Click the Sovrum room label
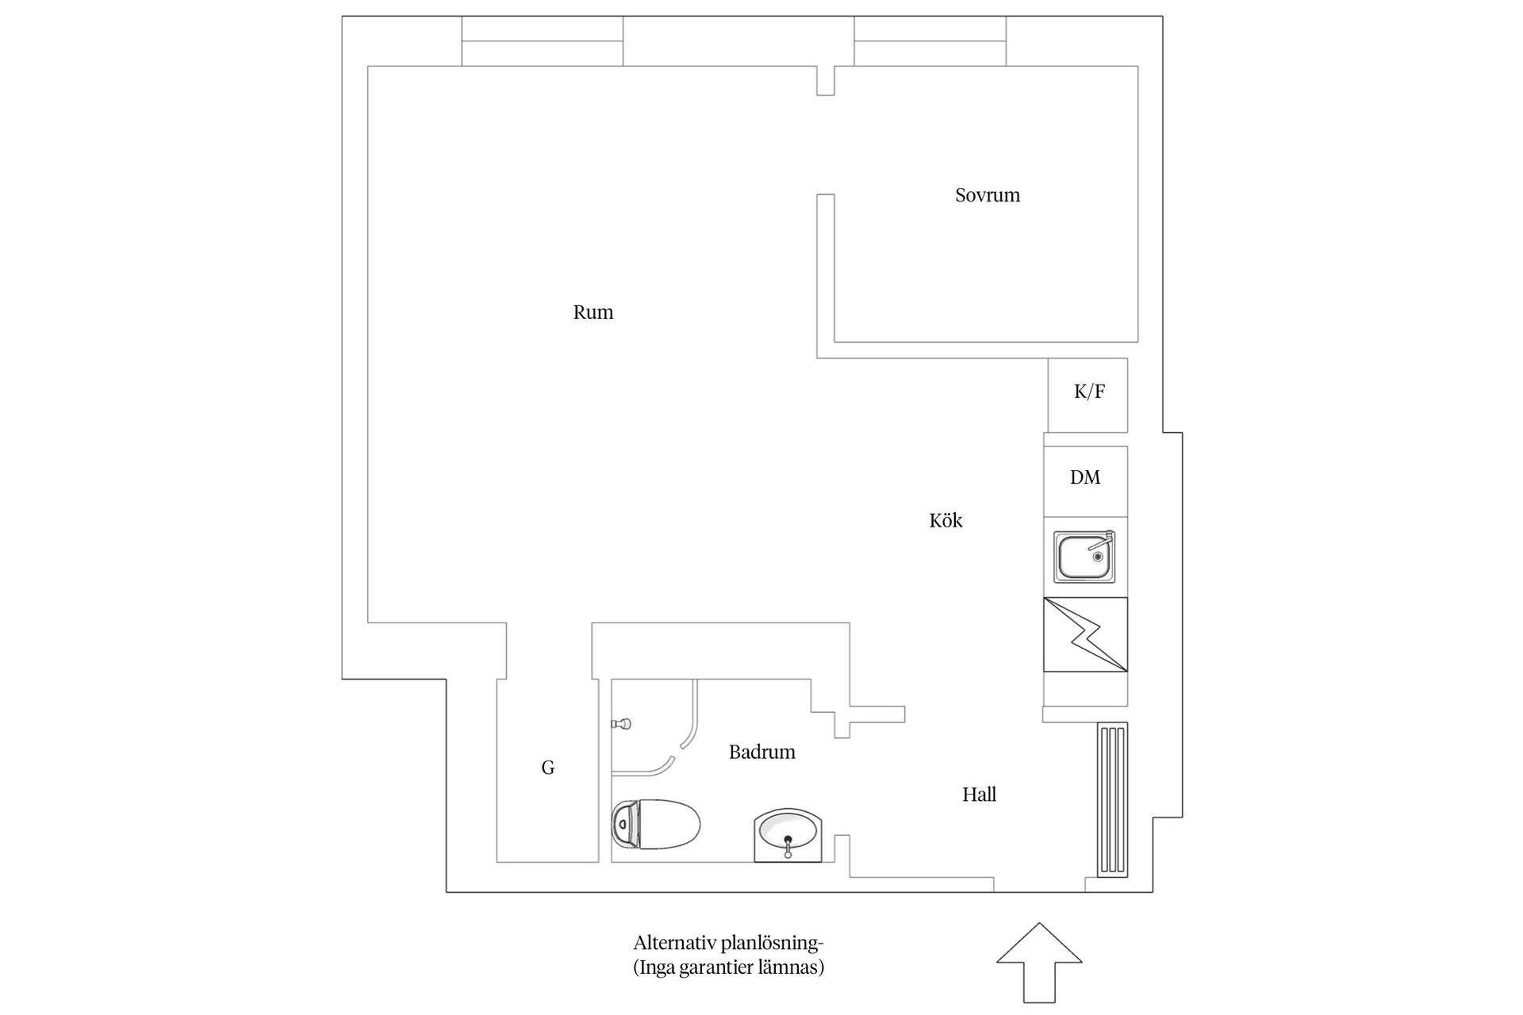coord(988,195)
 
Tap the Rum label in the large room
coord(593,312)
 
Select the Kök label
coord(946,520)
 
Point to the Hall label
coord(979,795)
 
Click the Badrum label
coord(762,752)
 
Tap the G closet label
coord(548,768)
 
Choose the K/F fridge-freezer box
coord(1088,395)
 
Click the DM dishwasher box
coord(1085,481)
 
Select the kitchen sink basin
coord(1085,556)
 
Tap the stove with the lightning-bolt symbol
coord(1085,634)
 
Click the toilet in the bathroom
coord(656,824)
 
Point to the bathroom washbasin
coord(788,835)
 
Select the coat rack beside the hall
coord(1112,799)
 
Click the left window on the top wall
coord(543,41)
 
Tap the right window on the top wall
coord(930,41)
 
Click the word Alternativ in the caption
coord(675,943)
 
